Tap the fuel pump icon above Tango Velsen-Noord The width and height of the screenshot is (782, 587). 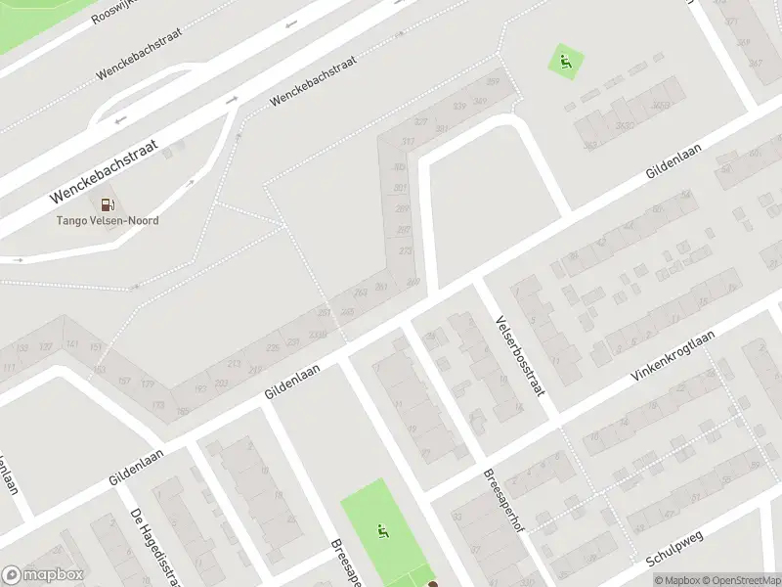tap(109, 203)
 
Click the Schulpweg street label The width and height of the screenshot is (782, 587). tap(675, 551)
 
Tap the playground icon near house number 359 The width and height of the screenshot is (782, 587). tap(565, 63)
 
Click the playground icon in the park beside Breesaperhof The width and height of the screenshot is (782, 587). tap(382, 531)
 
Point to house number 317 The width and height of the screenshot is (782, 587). tap(408, 143)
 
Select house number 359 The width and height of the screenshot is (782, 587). tap(493, 81)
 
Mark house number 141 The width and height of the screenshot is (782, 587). tap(72, 344)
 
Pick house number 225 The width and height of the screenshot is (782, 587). tap(274, 345)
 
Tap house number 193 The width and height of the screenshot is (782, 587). tap(199, 389)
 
